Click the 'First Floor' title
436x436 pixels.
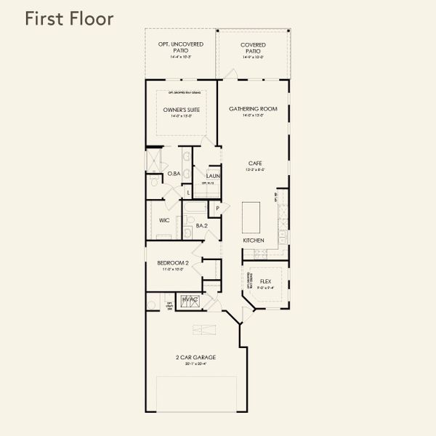pyautogui.click(x=69, y=19)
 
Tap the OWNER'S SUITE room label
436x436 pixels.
pyautogui.click(x=181, y=110)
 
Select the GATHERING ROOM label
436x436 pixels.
pyautogui.click(x=254, y=109)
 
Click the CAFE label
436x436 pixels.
pyautogui.click(x=254, y=163)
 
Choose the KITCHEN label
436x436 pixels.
pyautogui.click(x=253, y=240)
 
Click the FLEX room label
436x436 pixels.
pyautogui.click(x=265, y=280)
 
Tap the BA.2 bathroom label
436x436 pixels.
pyautogui.click(x=203, y=226)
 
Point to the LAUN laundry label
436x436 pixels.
pyautogui.click(x=213, y=176)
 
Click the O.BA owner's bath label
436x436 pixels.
pyautogui.click(x=174, y=174)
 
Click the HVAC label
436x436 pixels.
pyautogui.click(x=190, y=299)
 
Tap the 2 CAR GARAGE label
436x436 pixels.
pyautogui.click(x=196, y=358)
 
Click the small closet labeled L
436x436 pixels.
pyautogui.click(x=188, y=192)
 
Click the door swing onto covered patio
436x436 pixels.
pyautogui.click(x=230, y=75)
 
